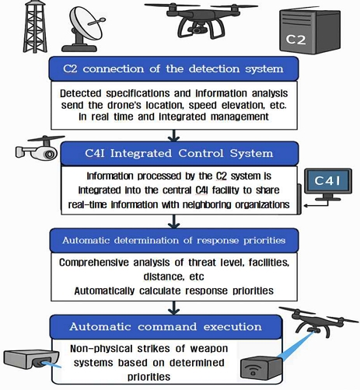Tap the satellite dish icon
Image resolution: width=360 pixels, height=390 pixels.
click(x=83, y=29)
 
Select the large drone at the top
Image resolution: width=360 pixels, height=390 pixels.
click(x=201, y=20)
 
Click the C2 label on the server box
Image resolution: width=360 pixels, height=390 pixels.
click(x=295, y=40)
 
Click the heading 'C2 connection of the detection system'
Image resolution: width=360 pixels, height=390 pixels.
click(x=173, y=69)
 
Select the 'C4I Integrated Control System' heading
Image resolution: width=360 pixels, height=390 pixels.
click(x=179, y=153)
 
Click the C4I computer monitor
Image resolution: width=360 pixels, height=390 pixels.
click(x=328, y=185)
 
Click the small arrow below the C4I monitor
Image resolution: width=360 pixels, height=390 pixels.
click(x=316, y=204)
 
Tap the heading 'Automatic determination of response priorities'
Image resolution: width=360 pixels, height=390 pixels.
click(x=174, y=240)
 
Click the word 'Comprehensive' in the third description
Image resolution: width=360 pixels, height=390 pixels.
click(x=94, y=263)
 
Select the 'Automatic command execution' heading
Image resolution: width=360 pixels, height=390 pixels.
click(x=166, y=327)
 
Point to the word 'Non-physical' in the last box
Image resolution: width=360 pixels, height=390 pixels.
click(x=101, y=349)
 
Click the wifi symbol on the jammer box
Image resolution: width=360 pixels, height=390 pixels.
click(x=253, y=369)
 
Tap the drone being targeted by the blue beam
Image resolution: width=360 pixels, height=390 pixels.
click(x=318, y=322)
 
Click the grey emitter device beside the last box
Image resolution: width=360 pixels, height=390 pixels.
click(x=31, y=360)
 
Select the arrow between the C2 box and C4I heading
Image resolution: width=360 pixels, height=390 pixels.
click(x=174, y=135)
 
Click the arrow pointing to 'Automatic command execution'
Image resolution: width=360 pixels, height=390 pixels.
click(x=174, y=308)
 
